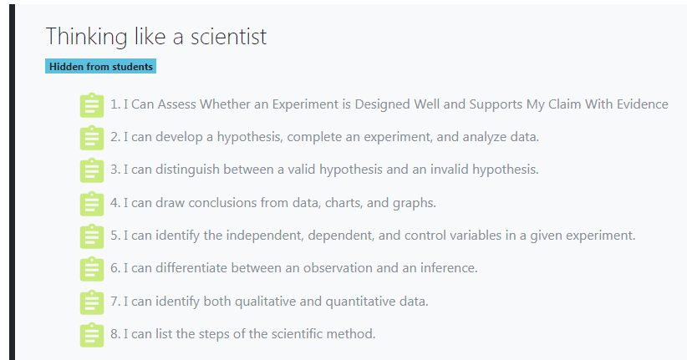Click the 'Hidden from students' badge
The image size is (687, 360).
(101, 67)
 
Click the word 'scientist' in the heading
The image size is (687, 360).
(228, 37)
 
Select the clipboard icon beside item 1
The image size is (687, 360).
(92, 105)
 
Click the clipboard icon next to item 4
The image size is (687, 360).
(92, 204)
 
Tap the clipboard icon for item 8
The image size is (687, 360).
(92, 335)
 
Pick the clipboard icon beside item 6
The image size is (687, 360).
(92, 269)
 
